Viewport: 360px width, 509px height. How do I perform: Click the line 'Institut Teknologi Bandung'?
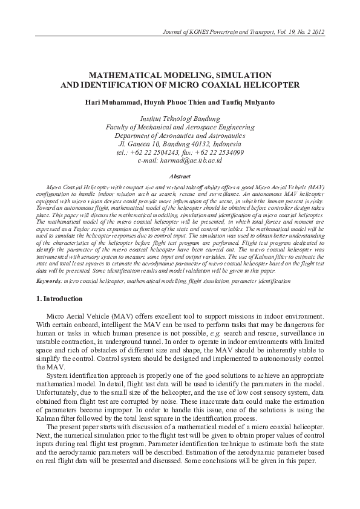(x=180, y=119)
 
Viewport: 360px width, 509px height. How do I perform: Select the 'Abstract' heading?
(x=180, y=176)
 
